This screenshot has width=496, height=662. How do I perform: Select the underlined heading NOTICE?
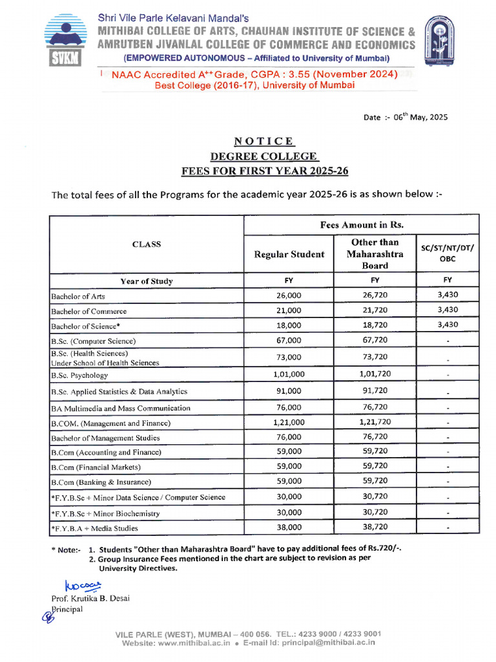264,141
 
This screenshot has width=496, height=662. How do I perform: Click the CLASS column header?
147,244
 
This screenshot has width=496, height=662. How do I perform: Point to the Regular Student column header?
289,254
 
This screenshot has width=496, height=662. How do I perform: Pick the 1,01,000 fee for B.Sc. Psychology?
289,374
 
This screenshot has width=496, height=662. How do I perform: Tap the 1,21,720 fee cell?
375,422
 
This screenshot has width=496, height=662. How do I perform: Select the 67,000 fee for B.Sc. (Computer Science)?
289,340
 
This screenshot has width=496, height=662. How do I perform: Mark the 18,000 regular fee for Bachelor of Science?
289,325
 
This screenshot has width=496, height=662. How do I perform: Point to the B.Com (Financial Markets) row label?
96,467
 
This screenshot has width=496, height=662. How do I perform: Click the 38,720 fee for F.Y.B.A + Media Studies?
375,527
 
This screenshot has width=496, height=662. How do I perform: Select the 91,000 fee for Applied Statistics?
289,390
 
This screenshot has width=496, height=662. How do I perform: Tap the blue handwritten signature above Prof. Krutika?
83,586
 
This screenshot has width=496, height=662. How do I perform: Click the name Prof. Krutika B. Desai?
90,598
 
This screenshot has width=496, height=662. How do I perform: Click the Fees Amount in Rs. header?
361,224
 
